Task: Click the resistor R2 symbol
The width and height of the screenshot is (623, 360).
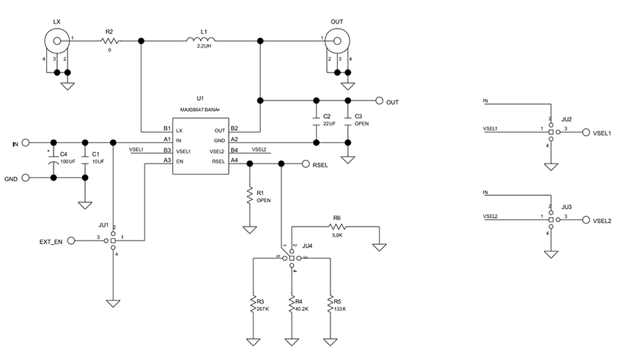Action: click(109, 41)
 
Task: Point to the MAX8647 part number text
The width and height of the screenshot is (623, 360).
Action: click(200, 109)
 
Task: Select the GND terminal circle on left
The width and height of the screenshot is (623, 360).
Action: click(26, 177)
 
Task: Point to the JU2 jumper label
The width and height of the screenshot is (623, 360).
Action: click(565, 119)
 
